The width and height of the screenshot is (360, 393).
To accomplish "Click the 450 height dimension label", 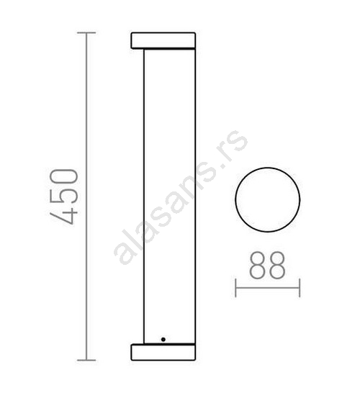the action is pos(63,196).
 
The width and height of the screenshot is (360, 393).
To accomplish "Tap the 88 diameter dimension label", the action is pos(268,265).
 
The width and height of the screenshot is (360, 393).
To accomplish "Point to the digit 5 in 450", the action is pos(63,196).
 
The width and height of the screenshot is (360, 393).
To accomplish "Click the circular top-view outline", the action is pos(235,200).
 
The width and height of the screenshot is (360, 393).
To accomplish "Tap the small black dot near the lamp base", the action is pos(163,340).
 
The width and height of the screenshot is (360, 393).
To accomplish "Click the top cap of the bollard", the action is pos(163,40).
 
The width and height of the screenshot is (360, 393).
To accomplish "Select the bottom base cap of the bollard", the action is pos(163,352).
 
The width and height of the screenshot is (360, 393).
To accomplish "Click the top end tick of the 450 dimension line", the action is pos(86,33).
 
